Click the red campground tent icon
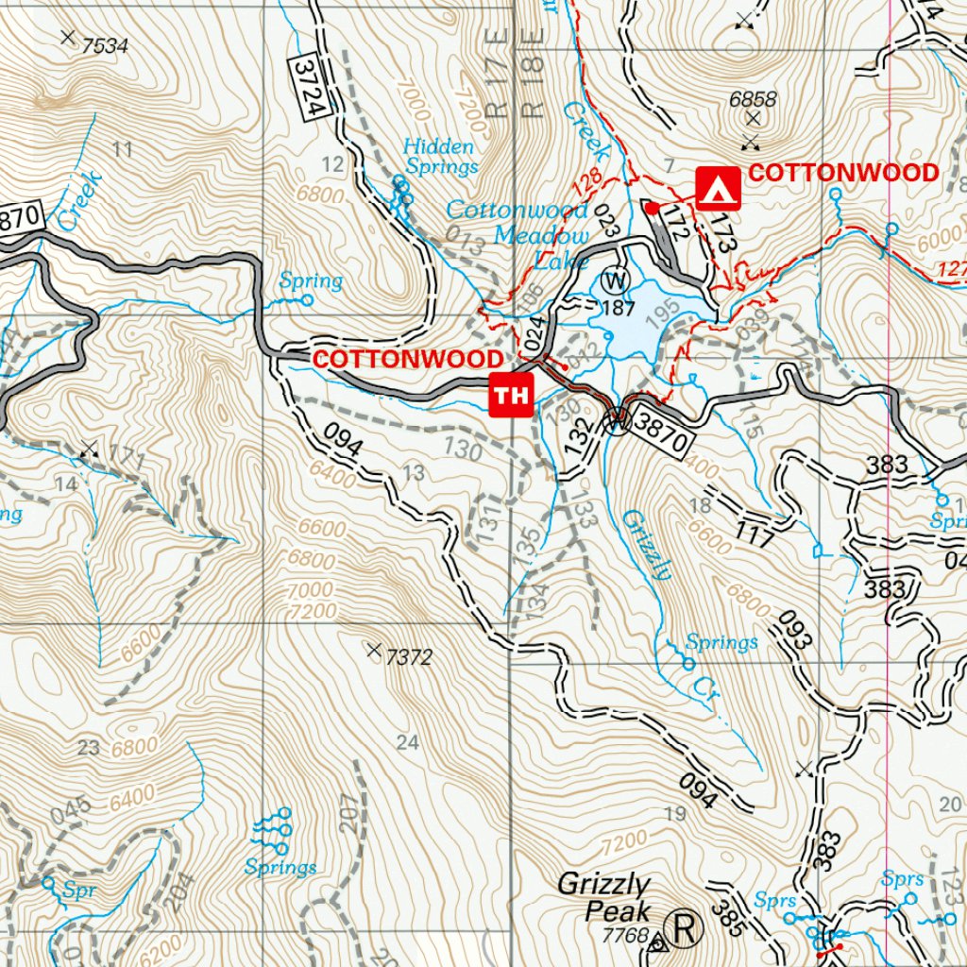[x=719, y=187]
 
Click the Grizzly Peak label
[x=603, y=897]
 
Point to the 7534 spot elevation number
[x=105, y=44]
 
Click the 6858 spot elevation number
[x=753, y=98]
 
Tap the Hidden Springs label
[x=439, y=157]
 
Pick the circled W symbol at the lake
[x=615, y=280]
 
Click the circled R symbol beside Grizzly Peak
[x=687, y=928]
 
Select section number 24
[x=407, y=743]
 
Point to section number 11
[x=122, y=148]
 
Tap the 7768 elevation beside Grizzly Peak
[x=625, y=936]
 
